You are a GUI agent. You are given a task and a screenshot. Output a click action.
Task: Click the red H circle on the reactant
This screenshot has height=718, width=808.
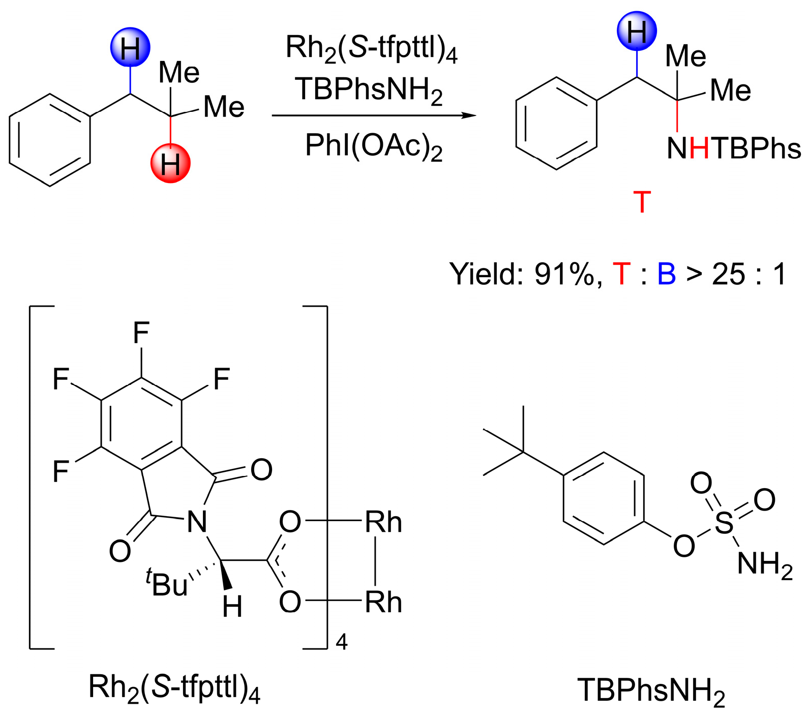[x=170, y=163]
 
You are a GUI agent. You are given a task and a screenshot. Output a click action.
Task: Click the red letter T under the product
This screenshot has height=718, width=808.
[x=642, y=202]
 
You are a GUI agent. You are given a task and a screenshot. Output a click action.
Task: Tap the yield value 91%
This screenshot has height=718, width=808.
[x=563, y=275]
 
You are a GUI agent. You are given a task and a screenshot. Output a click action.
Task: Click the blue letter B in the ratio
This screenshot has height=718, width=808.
[x=666, y=275]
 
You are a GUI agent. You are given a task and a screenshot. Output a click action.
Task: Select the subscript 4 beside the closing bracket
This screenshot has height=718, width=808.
[x=342, y=642]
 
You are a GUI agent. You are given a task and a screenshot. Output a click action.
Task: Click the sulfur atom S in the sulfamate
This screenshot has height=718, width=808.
[x=724, y=522]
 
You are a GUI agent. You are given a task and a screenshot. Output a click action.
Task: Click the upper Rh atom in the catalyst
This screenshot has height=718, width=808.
[x=383, y=522]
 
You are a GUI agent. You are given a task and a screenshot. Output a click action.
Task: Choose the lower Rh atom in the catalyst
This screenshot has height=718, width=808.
[x=383, y=603]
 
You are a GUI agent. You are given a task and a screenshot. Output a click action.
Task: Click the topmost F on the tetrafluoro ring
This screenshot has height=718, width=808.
[x=141, y=334]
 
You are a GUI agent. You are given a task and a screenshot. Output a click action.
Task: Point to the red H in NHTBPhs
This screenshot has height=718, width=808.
[x=699, y=149]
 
